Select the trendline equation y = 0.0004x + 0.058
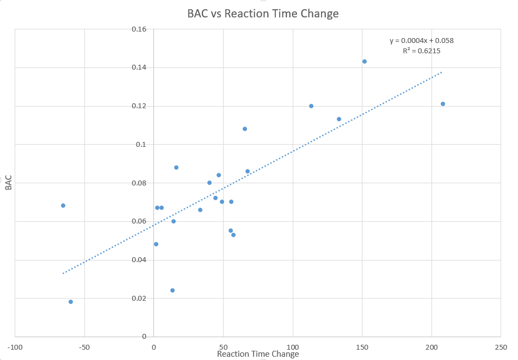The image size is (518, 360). coord(421,40)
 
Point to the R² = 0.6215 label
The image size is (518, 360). coord(421,51)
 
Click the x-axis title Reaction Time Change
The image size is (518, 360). coord(258,354)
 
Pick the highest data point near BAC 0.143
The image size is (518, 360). coord(365,61)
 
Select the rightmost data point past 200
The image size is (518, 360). coord(443,104)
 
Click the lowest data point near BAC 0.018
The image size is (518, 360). coord(71,302)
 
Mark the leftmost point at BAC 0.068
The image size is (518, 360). coord(63,206)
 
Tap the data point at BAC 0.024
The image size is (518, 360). coord(172,290)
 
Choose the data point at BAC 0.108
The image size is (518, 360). coord(245,129)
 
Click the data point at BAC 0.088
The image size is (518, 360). coord(176,167)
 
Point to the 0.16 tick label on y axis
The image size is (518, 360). coord(139,29)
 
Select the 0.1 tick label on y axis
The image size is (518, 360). coord(141,144)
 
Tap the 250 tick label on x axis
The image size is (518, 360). coord(501,346)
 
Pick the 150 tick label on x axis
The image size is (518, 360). coord(362,346)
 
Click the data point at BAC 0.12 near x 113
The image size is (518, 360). coord(311,106)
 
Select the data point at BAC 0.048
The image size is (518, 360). coord(156,244)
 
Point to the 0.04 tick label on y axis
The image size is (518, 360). coord(139,260)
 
